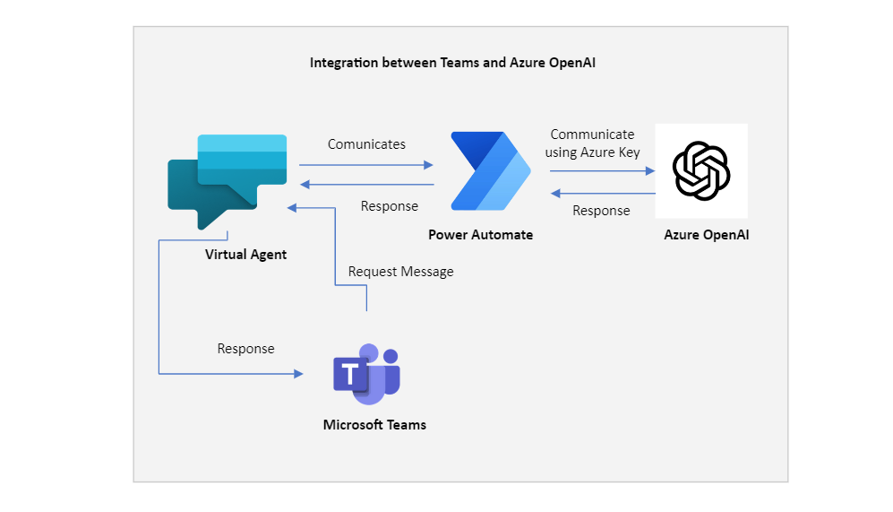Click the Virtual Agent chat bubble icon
[x=228, y=179]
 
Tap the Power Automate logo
[x=490, y=171]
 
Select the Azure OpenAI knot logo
[x=701, y=170]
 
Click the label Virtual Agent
[x=245, y=255]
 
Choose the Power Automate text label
[x=480, y=235]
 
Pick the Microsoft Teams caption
[x=374, y=425]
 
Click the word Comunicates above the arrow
[x=366, y=144]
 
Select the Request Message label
[x=400, y=272]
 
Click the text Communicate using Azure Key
[x=592, y=143]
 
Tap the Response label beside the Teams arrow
[x=245, y=349]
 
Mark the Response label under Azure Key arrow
[x=601, y=211]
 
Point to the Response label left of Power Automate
[x=389, y=206]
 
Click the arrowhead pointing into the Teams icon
[x=298, y=373]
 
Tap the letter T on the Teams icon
[x=347, y=373]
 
